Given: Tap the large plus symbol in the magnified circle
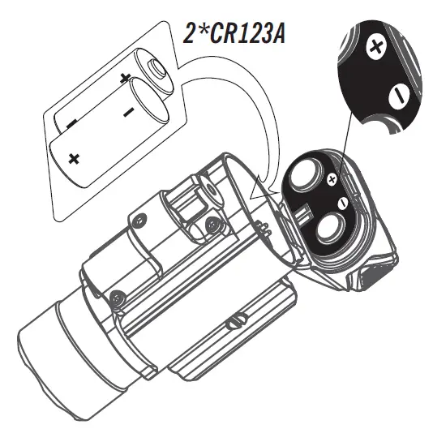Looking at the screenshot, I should point(375,49).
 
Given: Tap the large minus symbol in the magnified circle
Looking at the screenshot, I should point(397,96).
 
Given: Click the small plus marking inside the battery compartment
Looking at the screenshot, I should point(331,177).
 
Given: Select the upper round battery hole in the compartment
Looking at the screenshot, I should point(307,174).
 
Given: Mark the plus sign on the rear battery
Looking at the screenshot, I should point(124,79).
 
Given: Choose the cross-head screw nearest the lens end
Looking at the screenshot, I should point(119,298).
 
